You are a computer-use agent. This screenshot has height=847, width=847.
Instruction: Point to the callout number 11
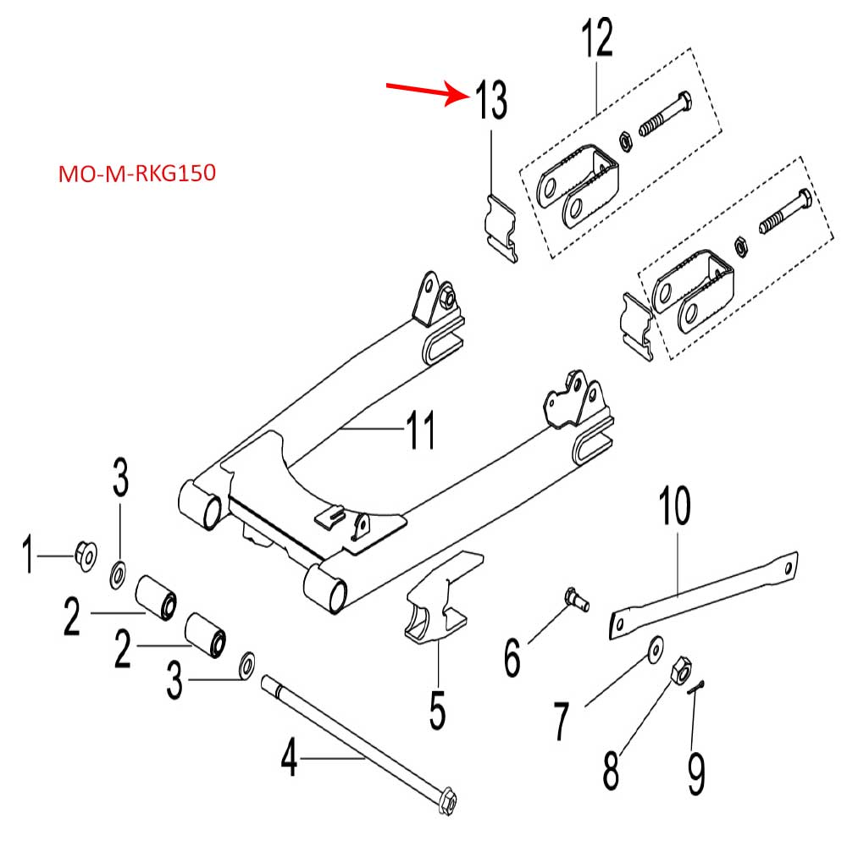point(420,430)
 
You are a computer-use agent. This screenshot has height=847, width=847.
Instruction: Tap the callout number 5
point(436,711)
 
